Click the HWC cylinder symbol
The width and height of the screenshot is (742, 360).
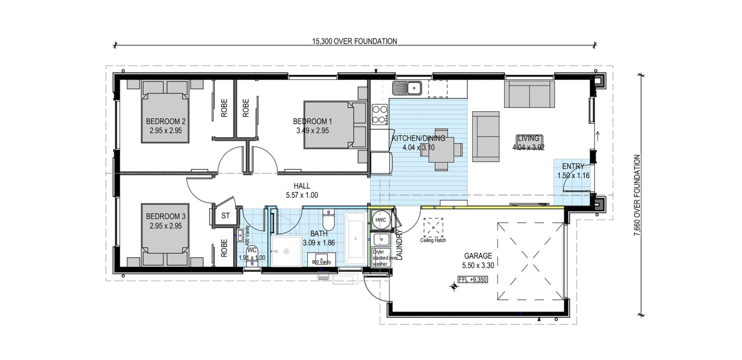click(381, 220)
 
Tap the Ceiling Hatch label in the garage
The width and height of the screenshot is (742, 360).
click(433, 241)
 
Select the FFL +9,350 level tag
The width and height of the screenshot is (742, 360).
click(473, 280)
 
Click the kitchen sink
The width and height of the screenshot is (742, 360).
click(407, 88)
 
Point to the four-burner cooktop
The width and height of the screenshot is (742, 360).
click(380, 114)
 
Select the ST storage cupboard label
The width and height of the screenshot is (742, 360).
click(225, 216)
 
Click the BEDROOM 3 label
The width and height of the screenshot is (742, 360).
click(166, 216)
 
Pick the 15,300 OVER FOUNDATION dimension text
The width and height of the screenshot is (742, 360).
click(354, 41)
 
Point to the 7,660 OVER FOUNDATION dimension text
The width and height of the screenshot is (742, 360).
click(637, 195)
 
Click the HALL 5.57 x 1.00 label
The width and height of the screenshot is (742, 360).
click(302, 190)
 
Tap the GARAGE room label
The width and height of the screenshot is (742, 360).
click(478, 256)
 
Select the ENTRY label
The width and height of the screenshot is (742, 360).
click(573, 166)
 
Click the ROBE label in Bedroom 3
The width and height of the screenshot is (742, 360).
click(224, 248)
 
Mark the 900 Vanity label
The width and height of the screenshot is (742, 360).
click(322, 263)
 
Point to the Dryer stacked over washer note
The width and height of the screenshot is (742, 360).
click(381, 258)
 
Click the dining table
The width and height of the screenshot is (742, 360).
click(441, 150)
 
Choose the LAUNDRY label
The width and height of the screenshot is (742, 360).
click(399, 244)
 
